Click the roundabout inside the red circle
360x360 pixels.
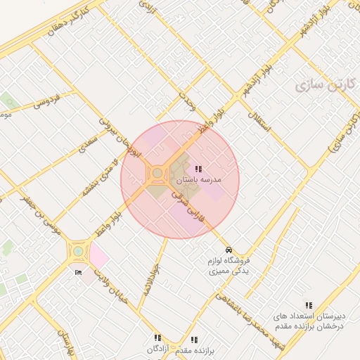[x=157, y=173]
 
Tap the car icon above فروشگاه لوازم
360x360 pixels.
[x=229, y=250]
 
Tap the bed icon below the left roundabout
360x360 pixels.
[x=78, y=272]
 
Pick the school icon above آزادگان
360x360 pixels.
[x=157, y=337]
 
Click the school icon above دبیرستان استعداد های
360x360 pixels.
[x=309, y=305]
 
